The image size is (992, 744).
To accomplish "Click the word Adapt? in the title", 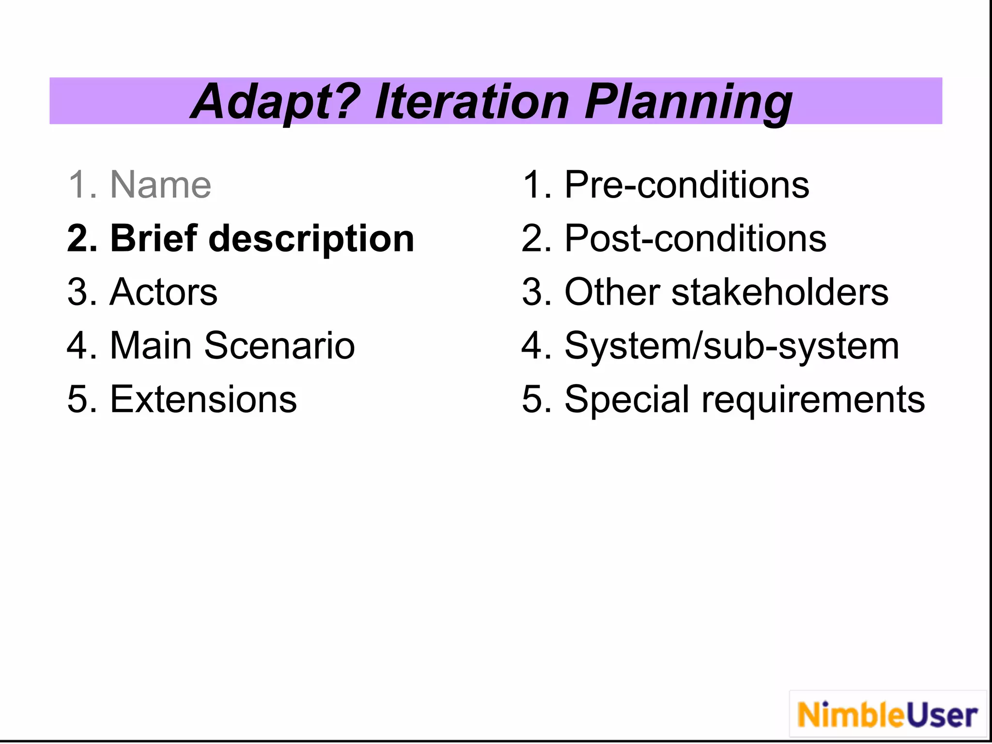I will [275, 102].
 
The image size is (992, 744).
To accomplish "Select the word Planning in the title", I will [688, 102].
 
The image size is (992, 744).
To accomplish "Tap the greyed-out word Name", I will [161, 185].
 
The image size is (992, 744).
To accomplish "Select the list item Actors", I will [164, 292].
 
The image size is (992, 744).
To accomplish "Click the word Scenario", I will [279, 346].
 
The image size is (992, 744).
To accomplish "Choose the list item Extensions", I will [203, 400].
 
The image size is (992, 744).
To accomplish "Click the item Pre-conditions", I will [686, 185].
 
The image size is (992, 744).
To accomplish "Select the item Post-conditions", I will [695, 238].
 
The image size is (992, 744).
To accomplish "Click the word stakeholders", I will [779, 292].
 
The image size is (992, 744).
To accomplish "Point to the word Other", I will [612, 292].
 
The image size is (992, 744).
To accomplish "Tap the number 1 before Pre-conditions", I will [533, 185].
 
